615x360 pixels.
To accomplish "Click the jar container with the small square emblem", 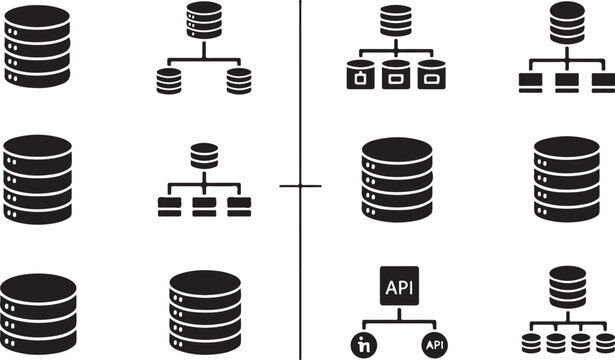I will (359, 76).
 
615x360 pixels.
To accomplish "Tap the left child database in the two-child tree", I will (169, 80).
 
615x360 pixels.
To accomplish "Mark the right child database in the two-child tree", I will (237, 80).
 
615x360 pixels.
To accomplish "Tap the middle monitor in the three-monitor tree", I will (566, 81).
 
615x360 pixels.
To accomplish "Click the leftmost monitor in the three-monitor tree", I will (531, 81).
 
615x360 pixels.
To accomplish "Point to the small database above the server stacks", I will (203, 156).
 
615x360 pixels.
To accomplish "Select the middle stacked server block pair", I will (203, 207).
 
